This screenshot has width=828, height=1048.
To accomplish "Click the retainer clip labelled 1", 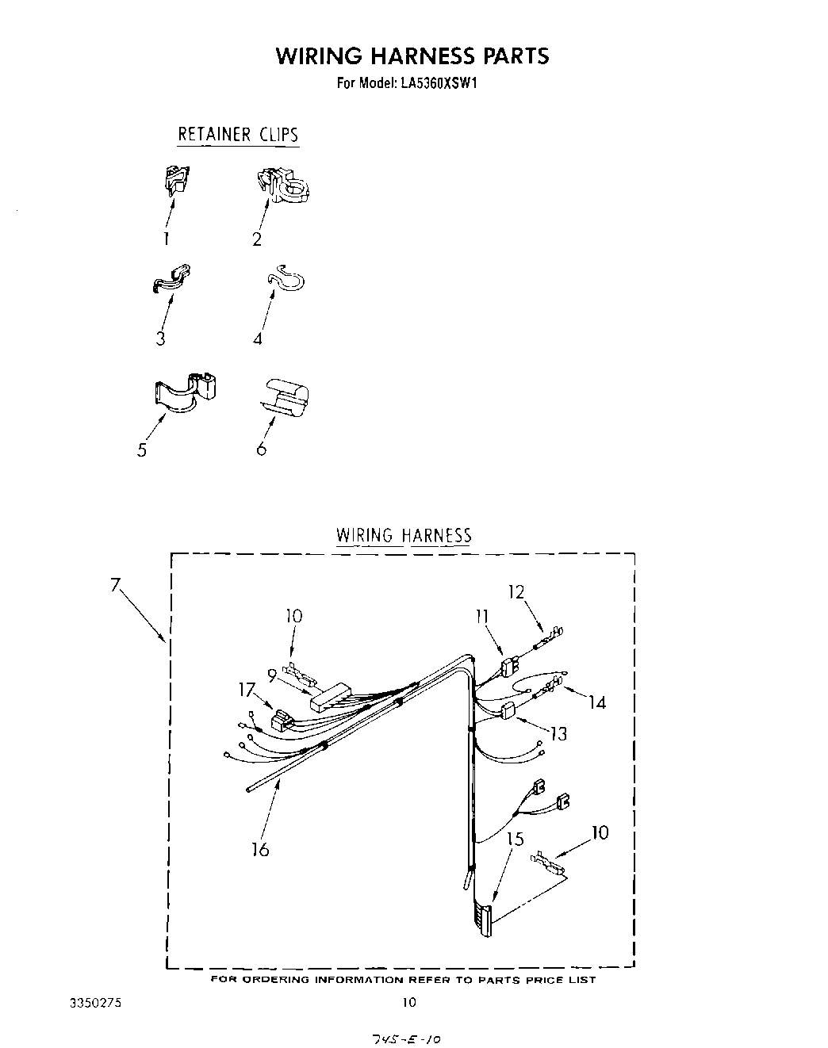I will coord(177,182).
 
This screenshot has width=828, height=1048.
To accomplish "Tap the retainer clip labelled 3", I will coord(171,280).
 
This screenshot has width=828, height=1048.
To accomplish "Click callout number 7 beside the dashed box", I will coord(116,586).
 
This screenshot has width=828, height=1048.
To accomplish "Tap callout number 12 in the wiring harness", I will coord(516,591).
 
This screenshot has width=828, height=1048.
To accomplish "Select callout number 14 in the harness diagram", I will coord(596,702).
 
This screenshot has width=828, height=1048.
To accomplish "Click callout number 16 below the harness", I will coord(260,850).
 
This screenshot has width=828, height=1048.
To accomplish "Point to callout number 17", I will coord(247,690).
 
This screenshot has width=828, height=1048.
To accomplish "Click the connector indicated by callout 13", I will coord(508,710).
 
